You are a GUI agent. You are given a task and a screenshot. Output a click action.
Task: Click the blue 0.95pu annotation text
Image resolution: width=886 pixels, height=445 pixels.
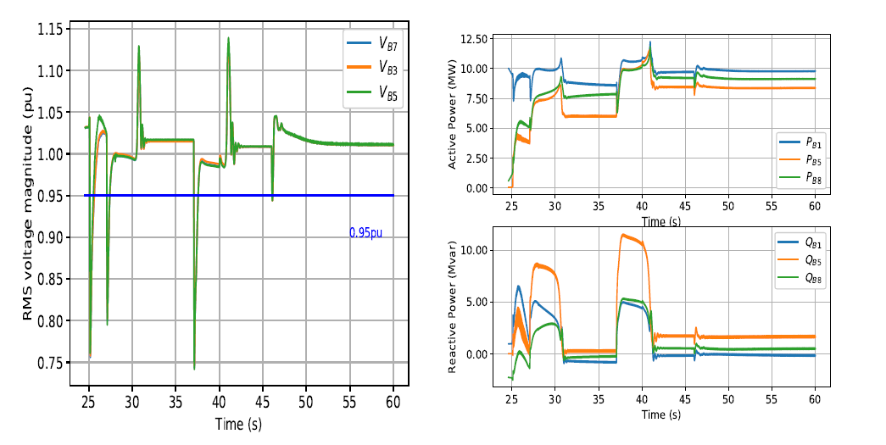[365, 232]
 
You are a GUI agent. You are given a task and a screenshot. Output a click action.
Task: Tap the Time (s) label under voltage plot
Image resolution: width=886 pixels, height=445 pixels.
[238, 422]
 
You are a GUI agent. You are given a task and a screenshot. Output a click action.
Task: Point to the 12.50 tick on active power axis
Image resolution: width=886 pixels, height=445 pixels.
[471, 39]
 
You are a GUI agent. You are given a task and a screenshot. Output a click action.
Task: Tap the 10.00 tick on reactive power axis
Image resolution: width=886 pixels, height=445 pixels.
[471, 250]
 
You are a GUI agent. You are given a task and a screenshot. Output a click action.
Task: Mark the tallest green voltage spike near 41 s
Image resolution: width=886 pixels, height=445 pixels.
[228, 38]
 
